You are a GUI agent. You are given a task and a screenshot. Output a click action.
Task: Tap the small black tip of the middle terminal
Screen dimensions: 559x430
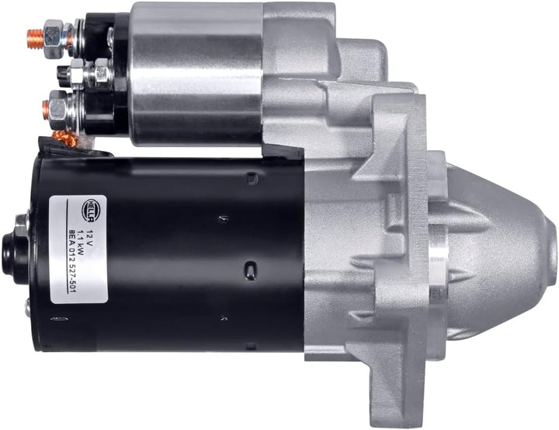pos(61,74)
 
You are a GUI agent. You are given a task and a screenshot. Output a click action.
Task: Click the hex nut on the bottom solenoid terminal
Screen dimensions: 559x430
pos(56,106)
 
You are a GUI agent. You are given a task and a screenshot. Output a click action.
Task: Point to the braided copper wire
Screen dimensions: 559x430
pos(64,138)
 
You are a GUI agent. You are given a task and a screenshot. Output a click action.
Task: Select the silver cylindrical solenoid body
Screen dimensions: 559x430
pos(197,73)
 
